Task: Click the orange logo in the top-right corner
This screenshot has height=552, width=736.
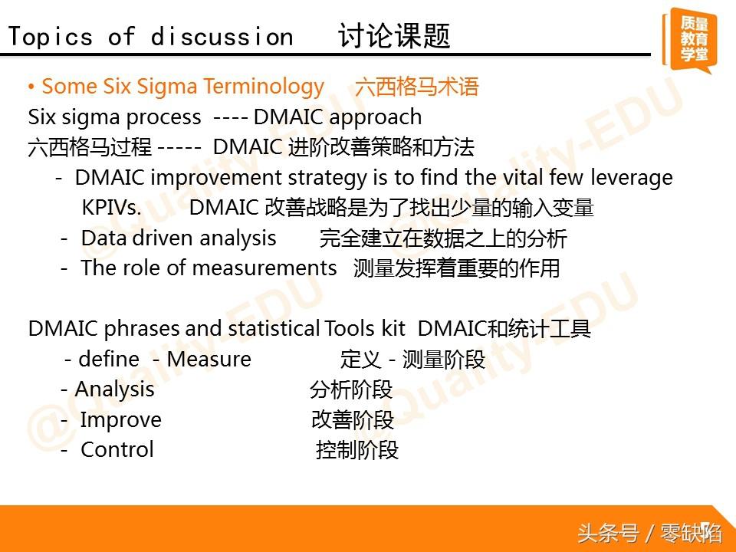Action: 689,41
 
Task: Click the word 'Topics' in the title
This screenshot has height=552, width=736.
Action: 51,37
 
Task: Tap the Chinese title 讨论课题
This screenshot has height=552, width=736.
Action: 394,36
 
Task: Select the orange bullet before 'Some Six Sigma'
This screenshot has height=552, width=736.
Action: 31,87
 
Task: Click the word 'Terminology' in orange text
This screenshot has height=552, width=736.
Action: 264,87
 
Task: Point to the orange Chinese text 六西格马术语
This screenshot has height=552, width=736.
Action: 417,87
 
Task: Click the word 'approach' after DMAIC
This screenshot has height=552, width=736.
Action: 375,117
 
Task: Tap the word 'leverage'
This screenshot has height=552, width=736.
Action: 631,178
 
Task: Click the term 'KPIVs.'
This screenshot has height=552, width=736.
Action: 111,208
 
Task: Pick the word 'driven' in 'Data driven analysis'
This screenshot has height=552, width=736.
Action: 163,238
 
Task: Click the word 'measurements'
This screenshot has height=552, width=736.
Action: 264,268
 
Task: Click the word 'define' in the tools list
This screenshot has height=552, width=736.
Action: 109,359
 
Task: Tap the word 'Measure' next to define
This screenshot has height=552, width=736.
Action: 209,359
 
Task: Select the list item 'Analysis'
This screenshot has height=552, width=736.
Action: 114,389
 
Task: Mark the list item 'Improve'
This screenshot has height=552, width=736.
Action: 120,420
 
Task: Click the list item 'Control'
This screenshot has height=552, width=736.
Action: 117,450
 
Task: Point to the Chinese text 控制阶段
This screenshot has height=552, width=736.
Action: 357,450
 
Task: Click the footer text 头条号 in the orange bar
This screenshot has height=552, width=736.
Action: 608,534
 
